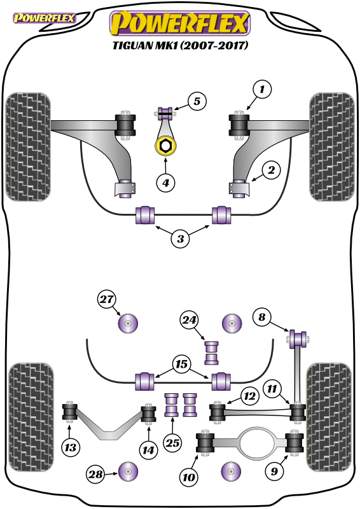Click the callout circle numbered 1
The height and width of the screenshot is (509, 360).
click(262, 89)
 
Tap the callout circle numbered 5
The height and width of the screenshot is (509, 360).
click(197, 101)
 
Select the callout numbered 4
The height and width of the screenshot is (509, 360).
click(165, 183)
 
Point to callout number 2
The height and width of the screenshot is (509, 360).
click(271, 170)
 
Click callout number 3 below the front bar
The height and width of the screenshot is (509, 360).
click(181, 239)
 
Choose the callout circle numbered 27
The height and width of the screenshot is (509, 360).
click(106, 299)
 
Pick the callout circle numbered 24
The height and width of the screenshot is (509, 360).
click(190, 321)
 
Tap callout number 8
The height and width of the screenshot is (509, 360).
click(262, 317)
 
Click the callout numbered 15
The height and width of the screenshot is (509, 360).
click(181, 364)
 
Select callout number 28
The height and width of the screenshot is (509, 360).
click(96, 474)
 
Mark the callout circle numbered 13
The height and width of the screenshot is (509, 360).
click(71, 448)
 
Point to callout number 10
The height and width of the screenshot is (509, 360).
click(189, 477)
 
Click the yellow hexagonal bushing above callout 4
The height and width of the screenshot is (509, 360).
click(165, 146)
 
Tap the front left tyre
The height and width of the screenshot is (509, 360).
click(28, 147)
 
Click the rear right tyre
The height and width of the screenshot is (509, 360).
click(329, 417)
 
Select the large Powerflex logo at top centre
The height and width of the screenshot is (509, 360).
click(181, 23)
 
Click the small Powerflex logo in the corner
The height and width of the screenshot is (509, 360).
click(44, 18)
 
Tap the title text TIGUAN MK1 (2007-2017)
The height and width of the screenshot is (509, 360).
click(181, 45)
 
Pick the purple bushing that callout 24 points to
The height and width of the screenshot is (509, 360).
click(211, 353)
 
